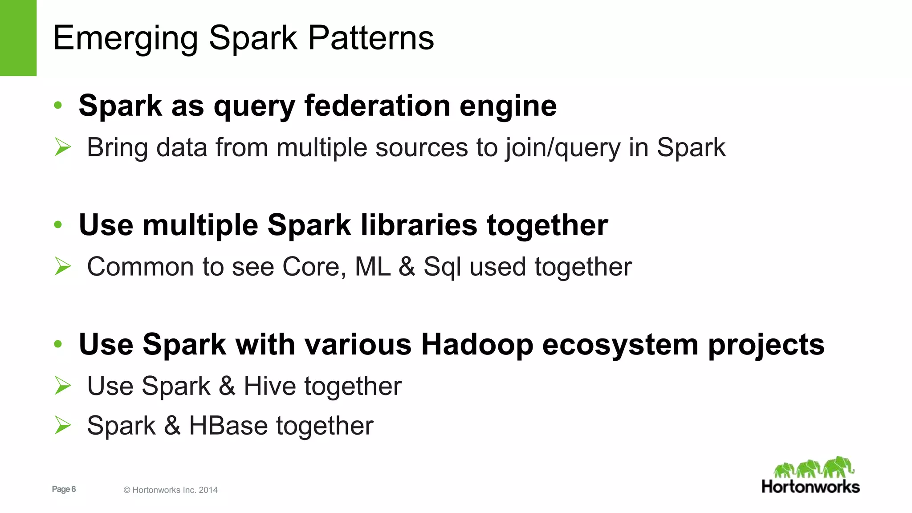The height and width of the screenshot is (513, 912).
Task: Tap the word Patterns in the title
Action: pos(370,38)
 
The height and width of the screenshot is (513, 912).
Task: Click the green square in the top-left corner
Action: pos(18,38)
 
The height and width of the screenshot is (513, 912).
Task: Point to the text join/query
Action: pos(562,148)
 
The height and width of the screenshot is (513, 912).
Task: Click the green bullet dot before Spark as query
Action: pos(58,106)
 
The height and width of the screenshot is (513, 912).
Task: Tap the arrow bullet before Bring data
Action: pos(63,147)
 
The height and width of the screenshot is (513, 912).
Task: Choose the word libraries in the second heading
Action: pos(419,225)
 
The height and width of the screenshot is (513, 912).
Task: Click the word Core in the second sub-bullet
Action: pos(313,267)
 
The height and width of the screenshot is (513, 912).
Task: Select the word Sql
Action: pos(442,268)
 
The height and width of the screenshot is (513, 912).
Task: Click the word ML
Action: pos(372,267)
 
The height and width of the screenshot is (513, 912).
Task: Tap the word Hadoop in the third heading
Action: pos(477,345)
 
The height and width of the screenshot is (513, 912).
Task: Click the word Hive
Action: pos(269,386)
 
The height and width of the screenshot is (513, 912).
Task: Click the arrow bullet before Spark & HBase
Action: pos(63,425)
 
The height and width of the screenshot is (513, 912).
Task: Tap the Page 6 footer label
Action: pos(64,489)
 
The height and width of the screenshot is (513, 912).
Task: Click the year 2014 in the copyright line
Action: pos(208,490)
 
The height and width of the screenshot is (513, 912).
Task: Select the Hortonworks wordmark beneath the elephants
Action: pos(810,487)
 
